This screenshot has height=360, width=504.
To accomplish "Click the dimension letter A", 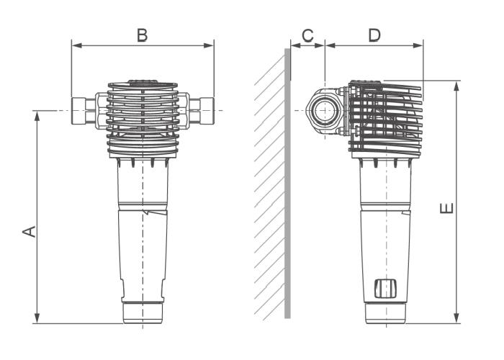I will [x=28, y=230].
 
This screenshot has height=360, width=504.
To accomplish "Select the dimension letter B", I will [x=143, y=35].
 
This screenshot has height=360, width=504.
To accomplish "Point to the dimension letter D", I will [x=374, y=35].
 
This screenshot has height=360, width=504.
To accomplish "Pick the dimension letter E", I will [x=447, y=209].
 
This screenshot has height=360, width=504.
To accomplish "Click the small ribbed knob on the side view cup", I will [x=385, y=288].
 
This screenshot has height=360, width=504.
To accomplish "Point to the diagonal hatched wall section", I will [x=271, y=194].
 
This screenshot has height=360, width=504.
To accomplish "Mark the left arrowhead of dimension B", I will [x=74, y=46].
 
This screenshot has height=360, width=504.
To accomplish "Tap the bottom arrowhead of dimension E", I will [x=456, y=320].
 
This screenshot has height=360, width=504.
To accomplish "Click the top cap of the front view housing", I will [x=143, y=83].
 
